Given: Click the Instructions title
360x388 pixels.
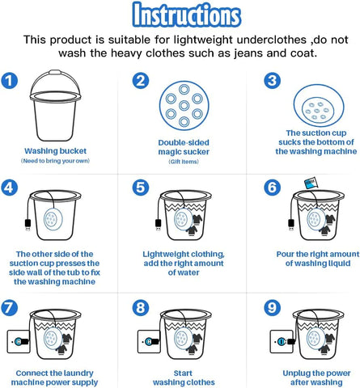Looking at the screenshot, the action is (187, 15).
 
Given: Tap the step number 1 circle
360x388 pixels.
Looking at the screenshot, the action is (10, 81).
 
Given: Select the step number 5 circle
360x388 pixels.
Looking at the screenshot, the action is (141, 188).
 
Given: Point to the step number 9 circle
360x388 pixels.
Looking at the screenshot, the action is (272, 307).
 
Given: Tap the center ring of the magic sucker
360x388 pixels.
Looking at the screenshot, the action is (184, 105).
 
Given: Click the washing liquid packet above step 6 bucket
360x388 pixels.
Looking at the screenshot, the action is (311, 183).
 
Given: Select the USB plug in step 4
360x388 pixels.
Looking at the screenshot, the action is (28, 225).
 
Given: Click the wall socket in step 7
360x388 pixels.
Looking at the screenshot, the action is (18, 341).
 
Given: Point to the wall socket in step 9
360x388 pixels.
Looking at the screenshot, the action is (282, 341).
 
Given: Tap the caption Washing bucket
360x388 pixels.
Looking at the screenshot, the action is (56, 151).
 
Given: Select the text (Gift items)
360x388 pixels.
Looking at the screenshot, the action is (184, 162).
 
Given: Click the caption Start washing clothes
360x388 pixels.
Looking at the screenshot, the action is (184, 377).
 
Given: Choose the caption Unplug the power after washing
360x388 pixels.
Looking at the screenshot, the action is (316, 377).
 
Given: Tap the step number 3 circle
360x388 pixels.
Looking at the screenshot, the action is (272, 81).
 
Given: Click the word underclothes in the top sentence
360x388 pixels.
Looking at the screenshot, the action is (272, 40).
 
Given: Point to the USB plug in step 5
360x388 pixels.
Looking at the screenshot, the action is (159, 225).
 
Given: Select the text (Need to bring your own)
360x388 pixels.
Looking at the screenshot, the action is (55, 161).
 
